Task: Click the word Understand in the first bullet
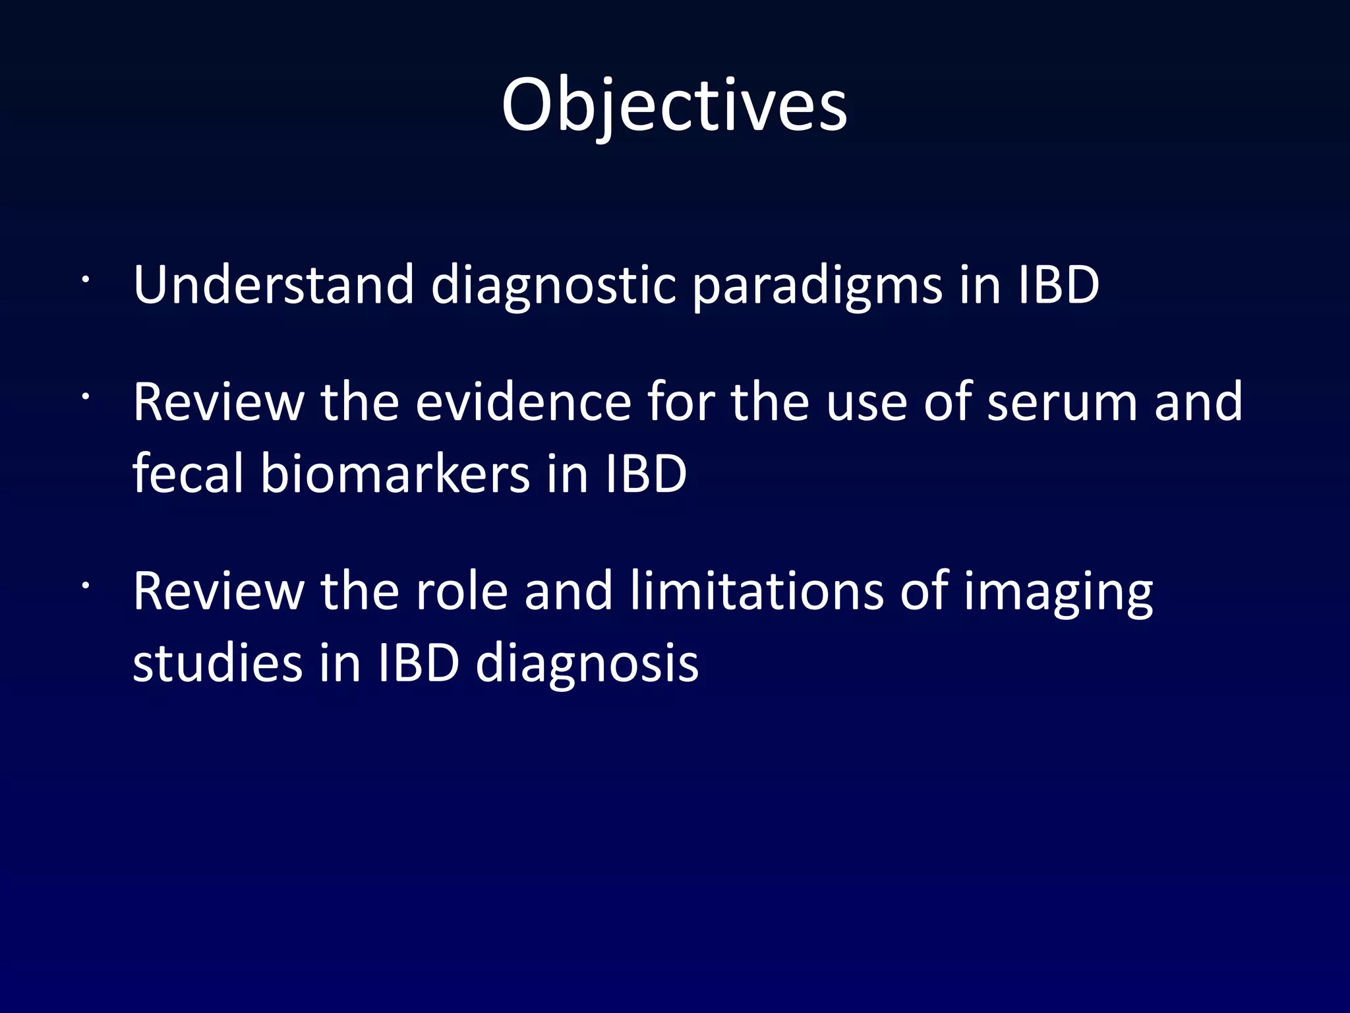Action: tap(273, 285)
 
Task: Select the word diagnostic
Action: tap(553, 285)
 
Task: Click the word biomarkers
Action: tap(395, 473)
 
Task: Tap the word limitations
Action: tap(756, 591)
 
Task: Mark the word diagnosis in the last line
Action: tap(587, 664)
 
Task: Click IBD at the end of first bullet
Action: tap(1059, 285)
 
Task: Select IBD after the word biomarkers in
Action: tap(646, 473)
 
